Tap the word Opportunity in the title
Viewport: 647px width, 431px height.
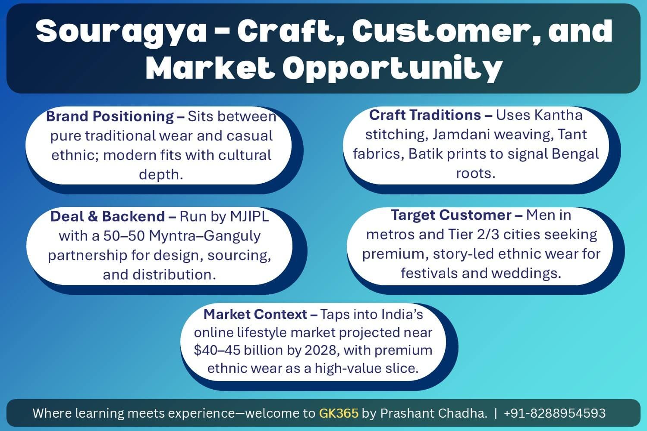[x=393, y=68]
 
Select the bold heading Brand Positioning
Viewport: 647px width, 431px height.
[x=110, y=116]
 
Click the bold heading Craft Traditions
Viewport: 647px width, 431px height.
[x=425, y=115]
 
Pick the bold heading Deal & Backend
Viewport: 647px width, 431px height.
[x=108, y=216]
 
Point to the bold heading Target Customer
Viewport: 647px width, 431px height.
[x=451, y=215]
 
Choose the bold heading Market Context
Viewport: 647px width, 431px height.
[x=255, y=314]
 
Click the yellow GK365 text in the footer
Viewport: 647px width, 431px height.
[x=339, y=413]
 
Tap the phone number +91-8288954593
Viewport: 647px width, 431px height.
[x=554, y=413]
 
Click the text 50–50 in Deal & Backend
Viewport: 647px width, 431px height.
[x=125, y=236]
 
